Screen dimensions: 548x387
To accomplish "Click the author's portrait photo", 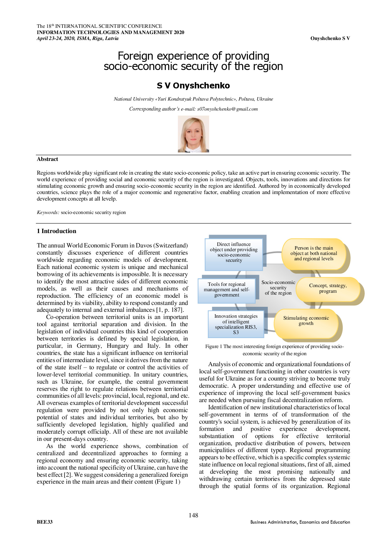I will coord(193,134).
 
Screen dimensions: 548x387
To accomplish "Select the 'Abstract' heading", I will coord(47,159).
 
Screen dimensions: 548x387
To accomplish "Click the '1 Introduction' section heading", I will coord(56,231).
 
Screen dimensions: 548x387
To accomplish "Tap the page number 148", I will coord(193,515).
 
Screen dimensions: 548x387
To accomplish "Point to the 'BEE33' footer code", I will coord(45,522).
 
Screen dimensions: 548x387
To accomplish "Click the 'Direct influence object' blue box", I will coord(234,252).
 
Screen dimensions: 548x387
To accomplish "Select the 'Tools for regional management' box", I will coord(227,290).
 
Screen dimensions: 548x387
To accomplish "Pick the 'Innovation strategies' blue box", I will coord(236,324).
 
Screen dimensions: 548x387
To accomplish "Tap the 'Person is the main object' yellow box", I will coord(314,253).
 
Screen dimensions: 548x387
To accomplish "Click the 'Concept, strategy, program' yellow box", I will coord(328,288).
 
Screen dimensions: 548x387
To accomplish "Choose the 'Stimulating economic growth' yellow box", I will coord(306,321).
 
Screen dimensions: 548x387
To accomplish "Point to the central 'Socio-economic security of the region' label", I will coord(278,288).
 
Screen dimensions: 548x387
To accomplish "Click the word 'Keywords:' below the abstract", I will coord(48,212).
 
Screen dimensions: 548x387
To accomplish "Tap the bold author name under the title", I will coord(193,86).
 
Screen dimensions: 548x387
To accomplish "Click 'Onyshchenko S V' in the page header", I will coord(330,38).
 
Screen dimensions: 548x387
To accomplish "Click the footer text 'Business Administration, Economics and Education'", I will coord(300,522).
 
